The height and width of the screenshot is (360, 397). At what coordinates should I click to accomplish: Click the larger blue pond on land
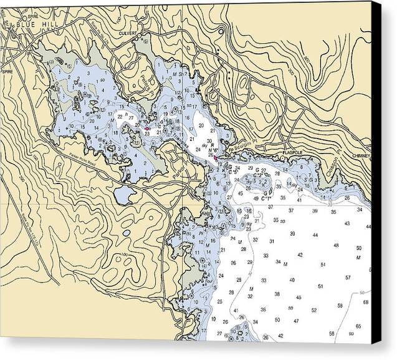tap(125, 197)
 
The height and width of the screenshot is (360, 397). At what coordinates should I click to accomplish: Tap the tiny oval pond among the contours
tap(127, 233)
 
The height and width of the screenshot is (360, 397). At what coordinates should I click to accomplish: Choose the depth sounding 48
tap(336, 245)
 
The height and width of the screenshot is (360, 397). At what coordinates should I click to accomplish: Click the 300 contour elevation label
tap(290, 71)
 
